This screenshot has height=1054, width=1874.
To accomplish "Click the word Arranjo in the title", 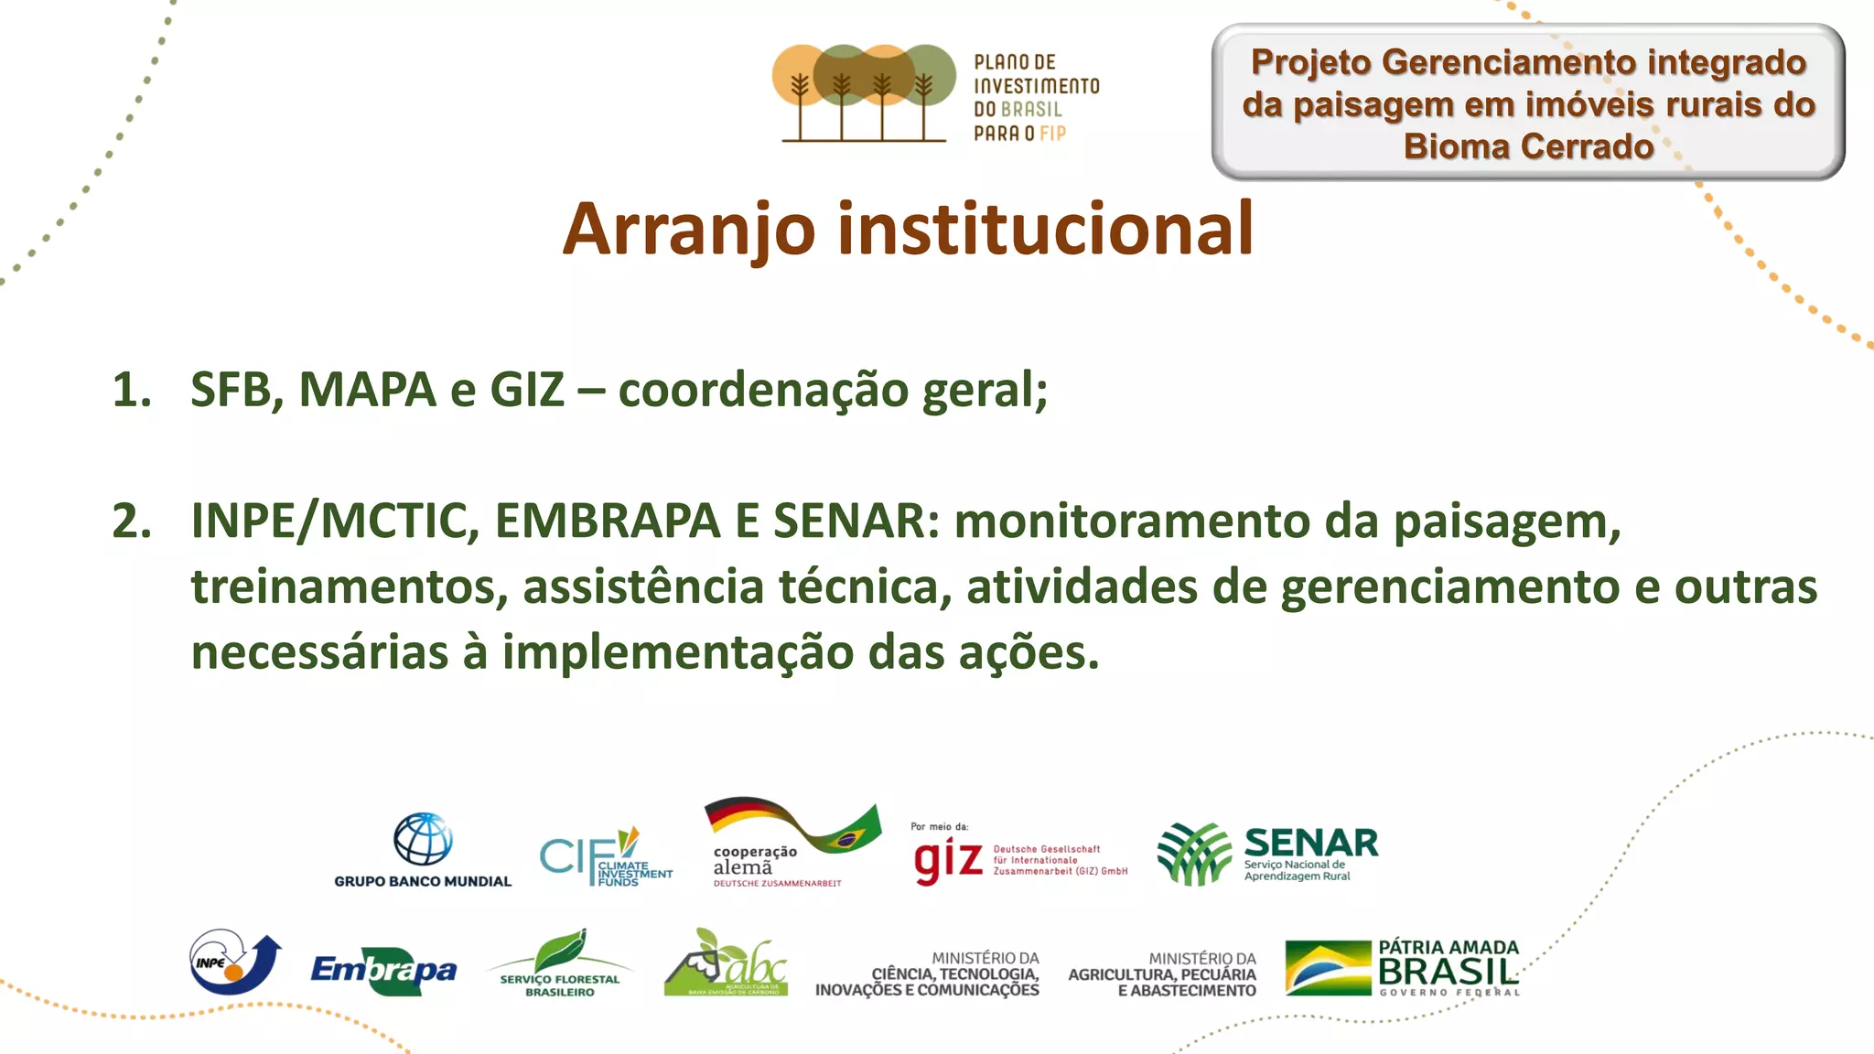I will pos(688,230).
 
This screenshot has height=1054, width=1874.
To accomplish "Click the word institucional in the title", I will pos(1045,230).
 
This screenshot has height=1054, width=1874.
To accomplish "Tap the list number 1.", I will pos(131,391).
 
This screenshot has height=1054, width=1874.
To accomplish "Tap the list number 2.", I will pos(131,522).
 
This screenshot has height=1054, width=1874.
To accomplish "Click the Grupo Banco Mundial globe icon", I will pos(423,839).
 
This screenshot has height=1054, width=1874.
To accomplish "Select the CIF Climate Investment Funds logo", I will pos(604,858).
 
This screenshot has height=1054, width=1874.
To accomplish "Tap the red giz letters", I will pos(948,860).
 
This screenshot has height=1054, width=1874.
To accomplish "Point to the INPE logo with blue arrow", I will pos(234,962).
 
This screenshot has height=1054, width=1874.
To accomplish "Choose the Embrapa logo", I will pos(383,970).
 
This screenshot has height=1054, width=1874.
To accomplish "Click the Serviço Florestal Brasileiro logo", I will pos(559,963).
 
